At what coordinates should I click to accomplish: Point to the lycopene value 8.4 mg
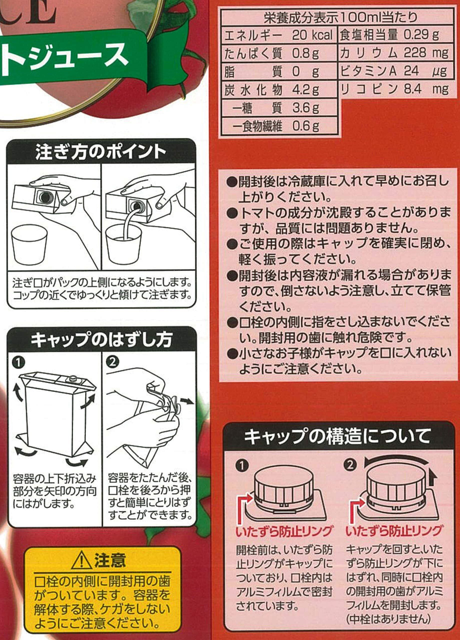coord(426,89)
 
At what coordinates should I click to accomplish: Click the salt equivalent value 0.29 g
coord(421,35)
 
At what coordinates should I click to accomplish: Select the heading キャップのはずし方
coord(101,339)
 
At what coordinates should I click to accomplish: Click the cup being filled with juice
coord(123,244)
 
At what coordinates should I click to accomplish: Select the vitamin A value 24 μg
coord(425,71)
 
